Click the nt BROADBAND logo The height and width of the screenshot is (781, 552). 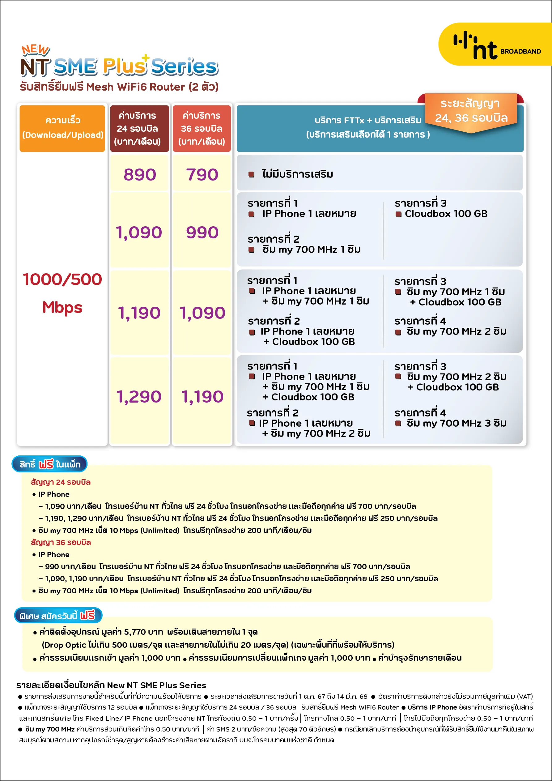coord(495,46)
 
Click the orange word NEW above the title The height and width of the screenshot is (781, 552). coord(35,50)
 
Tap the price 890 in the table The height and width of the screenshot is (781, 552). coord(139,174)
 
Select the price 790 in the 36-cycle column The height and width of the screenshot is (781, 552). coord(202,174)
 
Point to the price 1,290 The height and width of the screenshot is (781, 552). coord(139,397)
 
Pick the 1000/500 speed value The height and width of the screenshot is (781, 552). coord(62,279)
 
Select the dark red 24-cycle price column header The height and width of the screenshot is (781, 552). coord(139,128)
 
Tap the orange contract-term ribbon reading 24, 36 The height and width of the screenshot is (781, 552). coord(471,111)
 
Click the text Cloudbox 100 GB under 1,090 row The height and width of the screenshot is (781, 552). coord(446,214)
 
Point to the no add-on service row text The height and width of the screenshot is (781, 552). coord(297,174)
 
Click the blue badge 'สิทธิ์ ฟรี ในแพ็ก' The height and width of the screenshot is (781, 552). coord(50,464)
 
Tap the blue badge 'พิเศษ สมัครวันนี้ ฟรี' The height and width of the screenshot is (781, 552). coord(58,616)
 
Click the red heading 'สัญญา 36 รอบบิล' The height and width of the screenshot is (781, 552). coord(61,543)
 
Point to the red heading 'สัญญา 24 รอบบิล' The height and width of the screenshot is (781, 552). coord(61,482)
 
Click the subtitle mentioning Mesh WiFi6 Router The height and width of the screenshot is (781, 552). coord(119,87)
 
